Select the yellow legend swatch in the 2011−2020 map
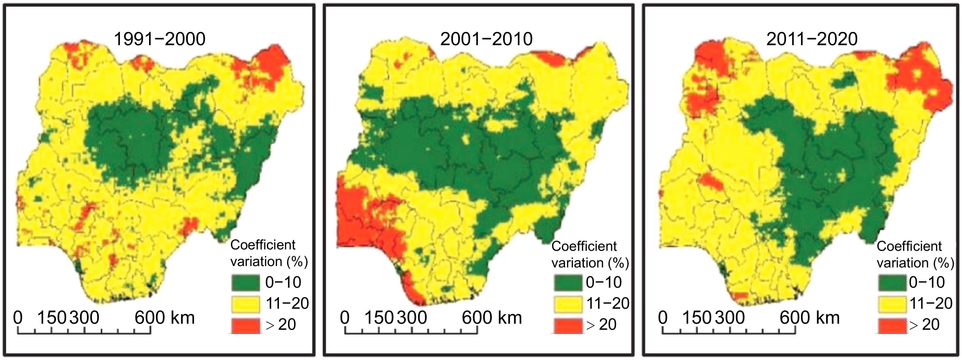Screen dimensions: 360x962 pos(892,303)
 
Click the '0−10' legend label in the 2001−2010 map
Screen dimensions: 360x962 pos(604,282)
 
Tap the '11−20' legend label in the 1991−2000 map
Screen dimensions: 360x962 pos(287,303)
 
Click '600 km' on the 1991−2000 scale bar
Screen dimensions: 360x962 pos(165,318)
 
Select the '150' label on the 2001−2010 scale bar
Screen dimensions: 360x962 pos(379,318)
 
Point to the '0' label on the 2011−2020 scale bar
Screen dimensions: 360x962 pos(663,318)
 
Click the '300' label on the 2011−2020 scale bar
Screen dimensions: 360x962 pos(729,318)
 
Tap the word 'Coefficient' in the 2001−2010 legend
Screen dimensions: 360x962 pos(584,246)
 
